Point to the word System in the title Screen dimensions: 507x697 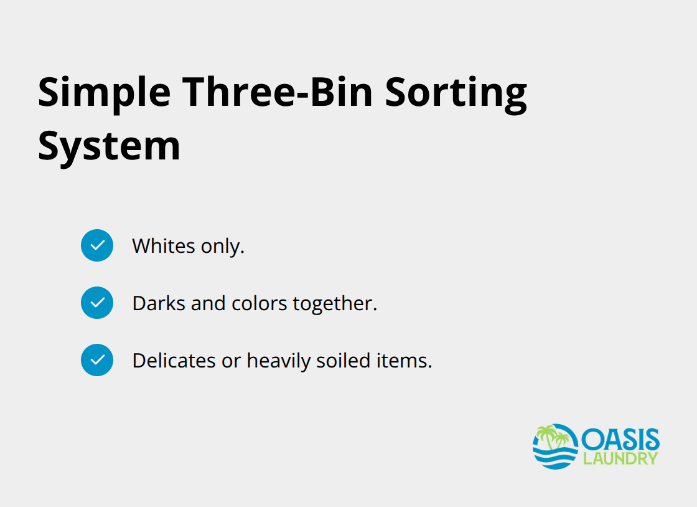tap(109, 146)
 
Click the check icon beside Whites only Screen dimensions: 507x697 tap(97, 245)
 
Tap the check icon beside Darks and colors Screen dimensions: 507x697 tap(97, 303)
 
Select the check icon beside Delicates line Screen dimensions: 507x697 tap(97, 360)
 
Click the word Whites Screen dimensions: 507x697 tap(164, 246)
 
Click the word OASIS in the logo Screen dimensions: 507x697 tap(620, 440)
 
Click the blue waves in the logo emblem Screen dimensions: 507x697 tap(555, 458)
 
